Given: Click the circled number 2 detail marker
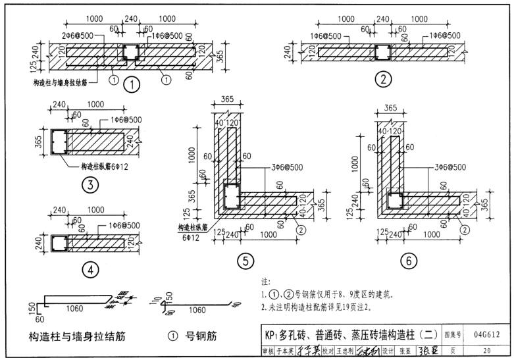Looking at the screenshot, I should tap(382, 80).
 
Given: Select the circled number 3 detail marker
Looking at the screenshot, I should tap(89, 186).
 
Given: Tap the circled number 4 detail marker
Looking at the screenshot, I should tap(89, 269).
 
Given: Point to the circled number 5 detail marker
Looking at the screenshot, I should tap(245, 261).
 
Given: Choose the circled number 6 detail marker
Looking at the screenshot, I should tap(408, 261).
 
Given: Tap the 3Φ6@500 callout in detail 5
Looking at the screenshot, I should tap(286, 167).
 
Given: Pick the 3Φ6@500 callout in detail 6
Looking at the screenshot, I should tap(450, 167).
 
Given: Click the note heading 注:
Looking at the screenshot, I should tap(266, 282).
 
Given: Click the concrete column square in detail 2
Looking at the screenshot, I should tap(382, 52).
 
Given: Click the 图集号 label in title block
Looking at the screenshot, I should tap(455, 334).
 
